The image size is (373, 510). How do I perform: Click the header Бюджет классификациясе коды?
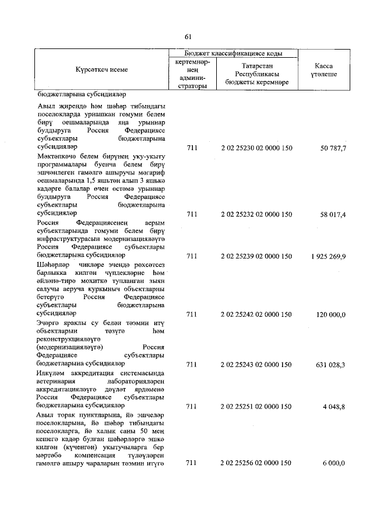[x=233, y=53]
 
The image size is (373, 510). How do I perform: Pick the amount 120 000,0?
[x=331, y=315]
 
